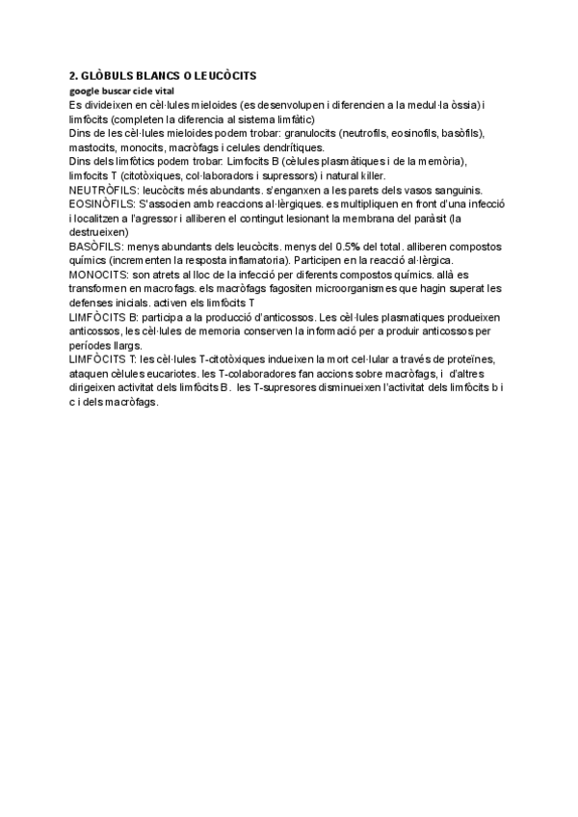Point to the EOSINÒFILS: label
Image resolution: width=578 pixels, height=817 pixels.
pos(103,204)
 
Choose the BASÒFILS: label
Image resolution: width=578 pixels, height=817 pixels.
pos(95,247)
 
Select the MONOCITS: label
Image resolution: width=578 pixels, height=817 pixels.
pos(99,275)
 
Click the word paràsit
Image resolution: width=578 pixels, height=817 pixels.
pos(430,218)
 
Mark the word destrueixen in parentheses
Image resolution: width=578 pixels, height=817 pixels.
pos(102,232)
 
